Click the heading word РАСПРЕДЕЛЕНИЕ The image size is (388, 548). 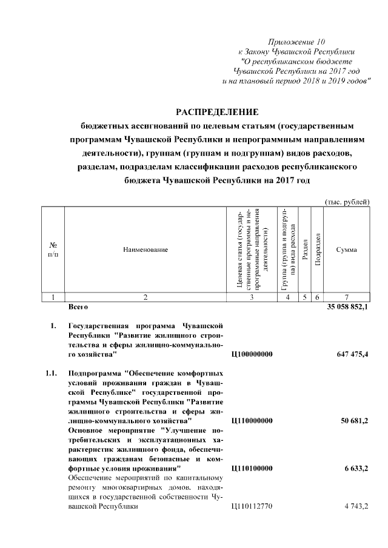tap(217, 113)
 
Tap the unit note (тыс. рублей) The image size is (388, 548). tap(347, 202)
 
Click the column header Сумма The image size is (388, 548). tap(346, 249)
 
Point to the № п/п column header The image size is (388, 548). tap(53, 249)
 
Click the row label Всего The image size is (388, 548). tap(79, 308)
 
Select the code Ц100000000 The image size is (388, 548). tap(252, 354)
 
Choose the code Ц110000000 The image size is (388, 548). tap(252, 420)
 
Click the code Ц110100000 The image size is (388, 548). tap(252, 469)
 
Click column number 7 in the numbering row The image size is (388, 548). tap(346, 297)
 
